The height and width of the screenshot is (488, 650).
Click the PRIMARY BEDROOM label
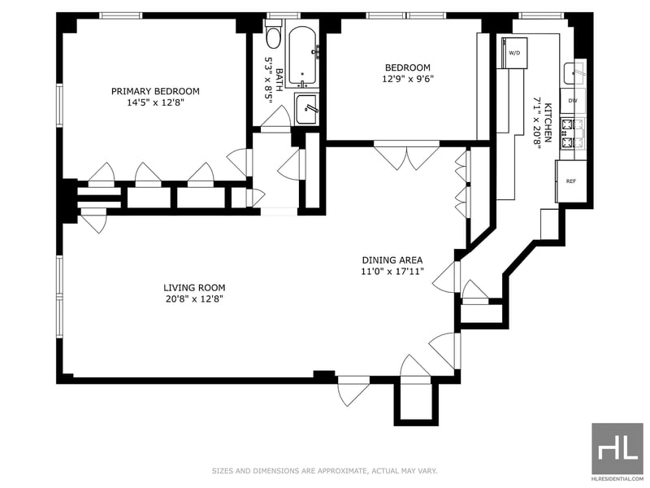coord(155,91)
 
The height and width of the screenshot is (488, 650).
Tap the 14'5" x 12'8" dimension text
coord(155,102)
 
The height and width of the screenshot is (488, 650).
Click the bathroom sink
coord(307,109)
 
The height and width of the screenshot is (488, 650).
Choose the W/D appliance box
coord(514,53)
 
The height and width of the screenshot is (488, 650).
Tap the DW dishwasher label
coord(573,101)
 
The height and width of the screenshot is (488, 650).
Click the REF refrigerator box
coord(571,181)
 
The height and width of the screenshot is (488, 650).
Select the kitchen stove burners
coord(572,133)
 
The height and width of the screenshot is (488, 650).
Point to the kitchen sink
coord(574,73)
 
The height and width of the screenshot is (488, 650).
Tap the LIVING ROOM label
coord(194,288)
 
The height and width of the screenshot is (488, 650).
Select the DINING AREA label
coord(392,260)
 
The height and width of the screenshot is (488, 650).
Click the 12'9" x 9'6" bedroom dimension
coord(408,79)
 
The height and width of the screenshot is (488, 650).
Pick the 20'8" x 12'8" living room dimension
coord(194,298)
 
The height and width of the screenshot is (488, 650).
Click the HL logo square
coord(617,448)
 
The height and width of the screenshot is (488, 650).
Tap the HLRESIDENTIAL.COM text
coord(617,478)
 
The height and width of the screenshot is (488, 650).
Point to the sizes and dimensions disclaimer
coord(324,471)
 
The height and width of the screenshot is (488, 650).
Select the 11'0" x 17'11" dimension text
coord(392,272)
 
